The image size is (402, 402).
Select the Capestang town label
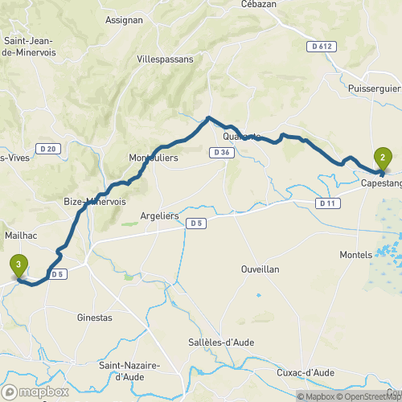[381, 183]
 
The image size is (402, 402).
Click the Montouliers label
[154, 158]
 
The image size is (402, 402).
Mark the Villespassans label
[166, 59]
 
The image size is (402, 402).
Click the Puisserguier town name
[376, 87]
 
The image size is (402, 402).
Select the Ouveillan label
[260, 269]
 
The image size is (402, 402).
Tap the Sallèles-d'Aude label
[227, 342]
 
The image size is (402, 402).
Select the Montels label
[355, 253]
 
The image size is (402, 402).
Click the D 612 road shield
[320, 47]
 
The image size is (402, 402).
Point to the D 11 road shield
[326, 203]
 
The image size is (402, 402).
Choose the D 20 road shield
[47, 149]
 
